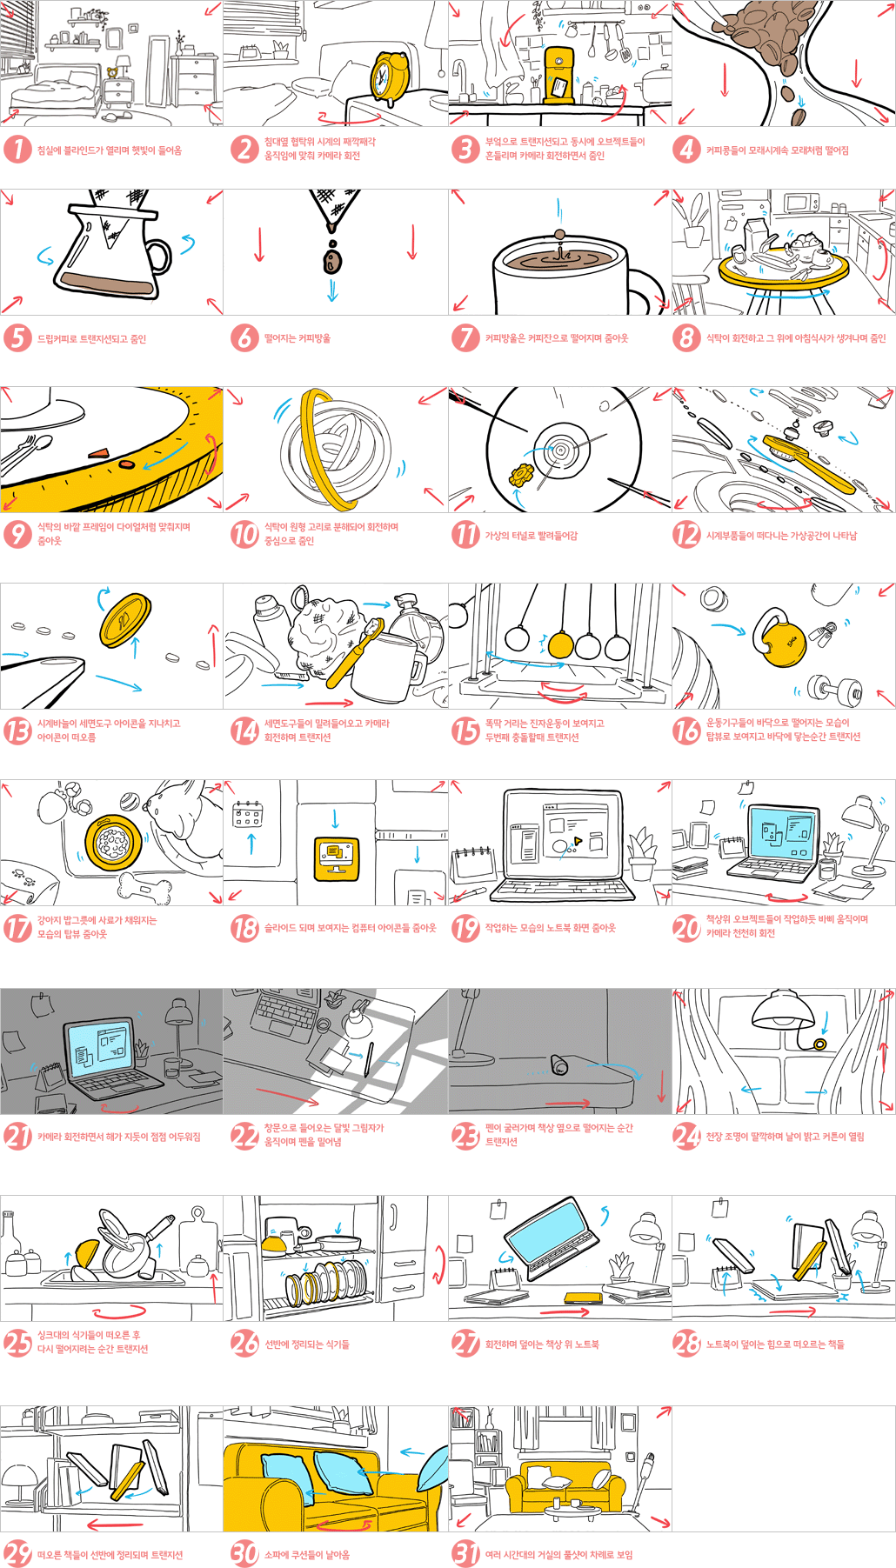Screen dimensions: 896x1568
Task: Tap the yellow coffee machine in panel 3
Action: coord(558,74)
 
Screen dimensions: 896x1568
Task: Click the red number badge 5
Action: coord(17,338)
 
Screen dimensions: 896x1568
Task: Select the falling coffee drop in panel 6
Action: coord(332,258)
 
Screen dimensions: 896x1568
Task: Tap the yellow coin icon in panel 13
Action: coord(125,619)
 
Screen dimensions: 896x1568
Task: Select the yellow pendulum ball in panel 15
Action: coord(560,644)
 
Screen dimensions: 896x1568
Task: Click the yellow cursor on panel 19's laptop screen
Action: coord(575,841)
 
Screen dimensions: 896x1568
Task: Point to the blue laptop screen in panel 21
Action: coord(101,1044)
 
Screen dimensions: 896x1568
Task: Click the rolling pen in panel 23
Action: coord(559,1064)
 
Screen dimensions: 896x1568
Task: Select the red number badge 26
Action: coord(244,1344)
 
